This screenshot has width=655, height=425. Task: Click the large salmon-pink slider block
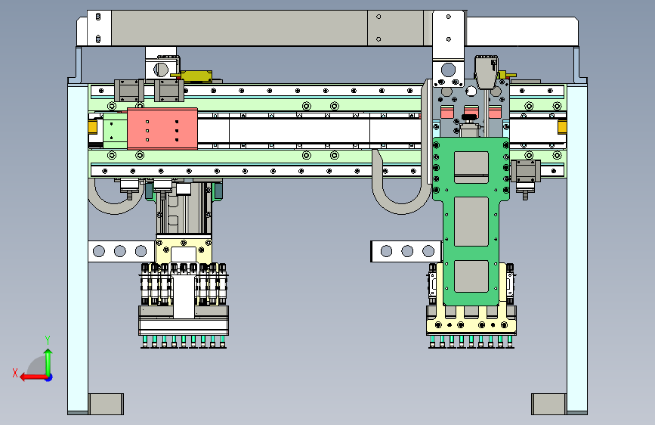(x=162, y=129)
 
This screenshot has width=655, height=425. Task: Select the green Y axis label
(x=48, y=340)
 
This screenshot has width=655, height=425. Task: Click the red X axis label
(x=15, y=373)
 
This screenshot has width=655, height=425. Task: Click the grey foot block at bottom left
(x=106, y=404)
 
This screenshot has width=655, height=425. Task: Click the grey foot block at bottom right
(x=549, y=404)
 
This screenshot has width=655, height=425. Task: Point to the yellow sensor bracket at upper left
(x=196, y=76)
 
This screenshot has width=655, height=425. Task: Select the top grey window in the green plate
(x=471, y=167)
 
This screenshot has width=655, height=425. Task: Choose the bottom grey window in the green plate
(x=471, y=276)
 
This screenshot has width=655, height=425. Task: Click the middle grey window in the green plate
(x=471, y=222)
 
